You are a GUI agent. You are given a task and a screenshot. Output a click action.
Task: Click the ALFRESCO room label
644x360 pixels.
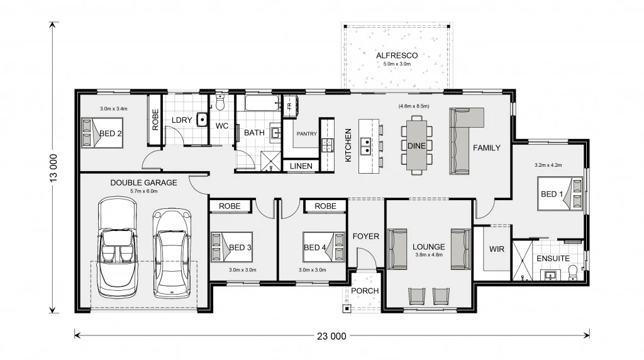click(x=397, y=55)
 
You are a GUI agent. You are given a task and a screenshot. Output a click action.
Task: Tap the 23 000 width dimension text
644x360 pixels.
click(x=331, y=336)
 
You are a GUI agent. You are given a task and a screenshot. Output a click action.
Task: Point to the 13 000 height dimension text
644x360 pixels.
click(x=53, y=167)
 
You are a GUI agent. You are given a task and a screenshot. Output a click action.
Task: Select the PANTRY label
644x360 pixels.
click(x=307, y=133)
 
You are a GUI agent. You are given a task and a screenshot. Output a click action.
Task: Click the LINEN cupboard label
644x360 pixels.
click(x=301, y=166)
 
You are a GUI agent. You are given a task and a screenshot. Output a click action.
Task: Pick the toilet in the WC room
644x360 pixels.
click(x=220, y=103)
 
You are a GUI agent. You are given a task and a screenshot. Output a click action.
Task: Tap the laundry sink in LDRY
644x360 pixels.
click(x=202, y=119)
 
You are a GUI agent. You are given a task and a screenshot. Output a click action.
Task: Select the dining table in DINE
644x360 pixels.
click(x=416, y=145)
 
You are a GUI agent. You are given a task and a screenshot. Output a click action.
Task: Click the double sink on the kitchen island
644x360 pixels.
click(x=365, y=146)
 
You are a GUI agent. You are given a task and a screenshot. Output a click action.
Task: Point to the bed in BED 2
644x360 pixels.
click(x=103, y=133)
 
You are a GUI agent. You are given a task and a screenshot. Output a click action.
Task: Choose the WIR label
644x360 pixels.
click(x=497, y=249)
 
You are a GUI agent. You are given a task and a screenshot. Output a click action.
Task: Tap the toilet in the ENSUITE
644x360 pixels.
click(x=572, y=273)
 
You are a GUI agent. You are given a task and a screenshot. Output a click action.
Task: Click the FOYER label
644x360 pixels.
click(x=365, y=236)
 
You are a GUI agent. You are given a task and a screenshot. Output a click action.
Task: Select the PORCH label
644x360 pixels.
click(x=365, y=291)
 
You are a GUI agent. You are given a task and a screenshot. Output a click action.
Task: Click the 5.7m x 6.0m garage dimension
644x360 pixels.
click(x=144, y=191)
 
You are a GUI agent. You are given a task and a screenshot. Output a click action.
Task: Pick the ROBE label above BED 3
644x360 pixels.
click(x=230, y=206)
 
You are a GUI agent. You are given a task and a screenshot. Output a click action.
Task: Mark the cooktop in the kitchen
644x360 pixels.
click(x=327, y=145)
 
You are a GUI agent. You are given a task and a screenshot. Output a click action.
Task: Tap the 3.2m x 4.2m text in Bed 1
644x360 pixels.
click(x=548, y=165)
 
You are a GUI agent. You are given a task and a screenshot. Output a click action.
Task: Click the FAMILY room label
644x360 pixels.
click(x=487, y=148)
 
